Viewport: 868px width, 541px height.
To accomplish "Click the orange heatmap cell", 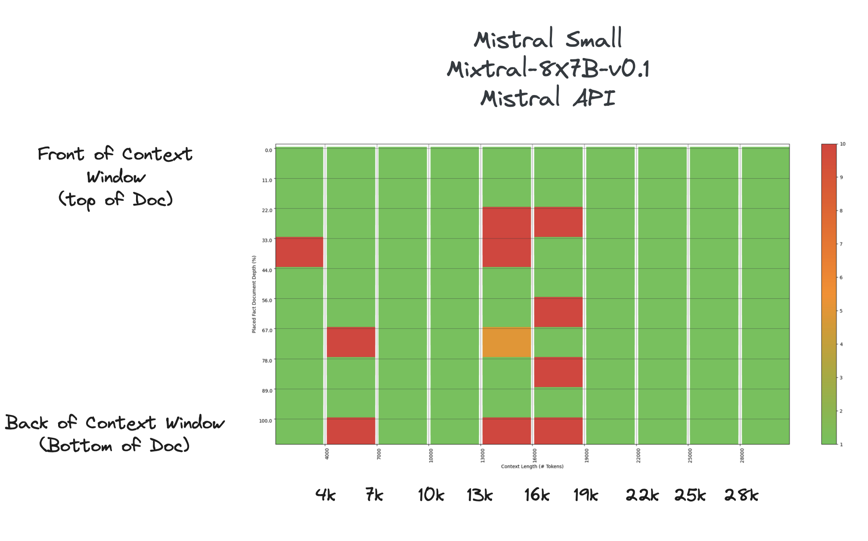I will pyautogui.click(x=506, y=342).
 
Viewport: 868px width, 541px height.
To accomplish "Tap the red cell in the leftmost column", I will pyautogui.click(x=299, y=252).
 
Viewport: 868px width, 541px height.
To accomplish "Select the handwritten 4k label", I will pyautogui.click(x=325, y=495).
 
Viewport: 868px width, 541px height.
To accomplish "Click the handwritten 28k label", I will pyautogui.click(x=741, y=495).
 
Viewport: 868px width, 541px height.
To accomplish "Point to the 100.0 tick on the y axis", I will pyautogui.click(x=265, y=421).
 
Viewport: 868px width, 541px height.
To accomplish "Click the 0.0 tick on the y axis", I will pyautogui.click(x=268, y=150).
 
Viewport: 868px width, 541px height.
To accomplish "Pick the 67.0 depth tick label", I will pyautogui.click(x=267, y=330).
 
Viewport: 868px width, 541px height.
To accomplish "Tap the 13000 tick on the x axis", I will pyautogui.click(x=483, y=455).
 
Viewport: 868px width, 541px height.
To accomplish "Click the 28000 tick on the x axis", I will pyautogui.click(x=742, y=455).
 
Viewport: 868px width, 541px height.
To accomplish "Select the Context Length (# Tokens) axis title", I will pyautogui.click(x=532, y=467).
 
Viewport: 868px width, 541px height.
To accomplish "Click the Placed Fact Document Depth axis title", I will pyautogui.click(x=254, y=294).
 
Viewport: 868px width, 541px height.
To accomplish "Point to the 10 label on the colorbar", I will pyautogui.click(x=843, y=144).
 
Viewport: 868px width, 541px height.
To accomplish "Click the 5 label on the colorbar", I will pyautogui.click(x=841, y=311).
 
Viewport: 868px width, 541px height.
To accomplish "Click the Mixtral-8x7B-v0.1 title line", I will pyautogui.click(x=548, y=69).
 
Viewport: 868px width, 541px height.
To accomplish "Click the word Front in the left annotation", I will pyautogui.click(x=61, y=154).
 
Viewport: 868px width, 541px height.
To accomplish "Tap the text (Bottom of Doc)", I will pyautogui.click(x=115, y=446).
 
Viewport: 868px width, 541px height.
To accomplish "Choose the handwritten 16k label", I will pyautogui.click(x=537, y=495).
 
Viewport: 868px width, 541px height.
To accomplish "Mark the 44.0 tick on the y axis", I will pyautogui.click(x=267, y=270).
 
